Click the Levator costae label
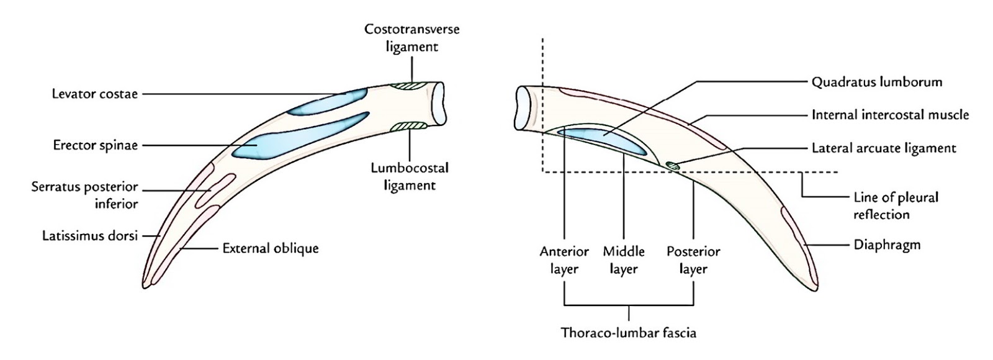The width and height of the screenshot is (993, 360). pos(94,94)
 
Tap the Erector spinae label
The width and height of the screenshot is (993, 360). pos(95,146)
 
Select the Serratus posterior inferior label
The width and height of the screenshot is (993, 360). pos(84,195)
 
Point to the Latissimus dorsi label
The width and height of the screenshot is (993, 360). pos(89,236)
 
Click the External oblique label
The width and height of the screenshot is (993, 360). pos(271,248)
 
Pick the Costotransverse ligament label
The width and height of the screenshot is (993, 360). pos(411,38)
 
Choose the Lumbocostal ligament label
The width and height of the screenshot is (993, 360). pos(409,176)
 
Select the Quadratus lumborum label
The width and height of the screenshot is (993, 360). pos(876,82)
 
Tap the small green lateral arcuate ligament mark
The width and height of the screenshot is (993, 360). pos(672,164)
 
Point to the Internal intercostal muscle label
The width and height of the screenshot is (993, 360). pos(889,115)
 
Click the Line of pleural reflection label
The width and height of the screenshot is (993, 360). pos(895,205)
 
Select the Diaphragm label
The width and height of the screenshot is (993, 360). pos(887,245)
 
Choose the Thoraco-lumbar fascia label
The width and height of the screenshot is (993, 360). pos(628,333)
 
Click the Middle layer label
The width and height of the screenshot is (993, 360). pos(623,260)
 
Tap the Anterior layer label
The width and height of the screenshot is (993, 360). pos(564,260)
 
